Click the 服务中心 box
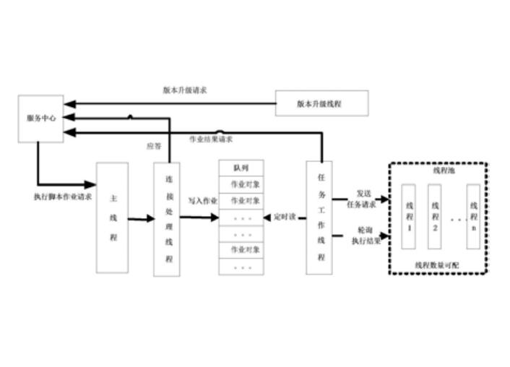(40, 118)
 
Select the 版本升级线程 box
(321, 104)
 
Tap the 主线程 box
(113, 217)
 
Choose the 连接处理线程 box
(166, 219)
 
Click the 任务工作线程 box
(319, 217)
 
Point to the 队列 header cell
(241, 168)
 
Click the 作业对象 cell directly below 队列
(241, 184)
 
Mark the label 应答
(154, 147)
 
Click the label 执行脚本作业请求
(63, 196)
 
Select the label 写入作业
(202, 202)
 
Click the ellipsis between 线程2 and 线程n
(454, 217)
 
